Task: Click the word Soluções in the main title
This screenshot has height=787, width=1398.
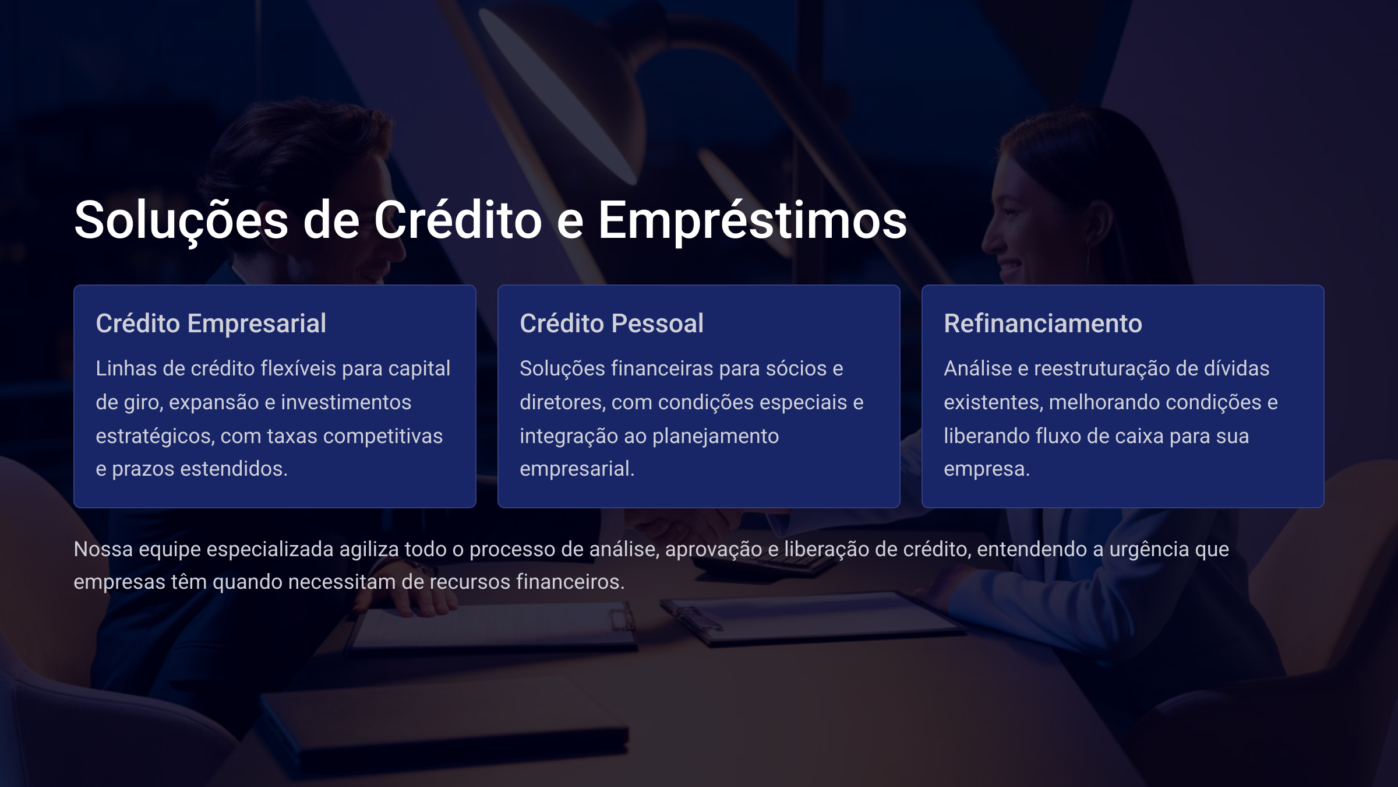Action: click(181, 221)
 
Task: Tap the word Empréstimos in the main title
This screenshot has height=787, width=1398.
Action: click(753, 221)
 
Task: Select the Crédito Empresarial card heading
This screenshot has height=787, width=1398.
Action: click(211, 324)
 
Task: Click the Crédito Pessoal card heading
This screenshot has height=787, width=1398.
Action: click(612, 324)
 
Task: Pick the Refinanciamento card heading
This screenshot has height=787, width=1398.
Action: click(1043, 324)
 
